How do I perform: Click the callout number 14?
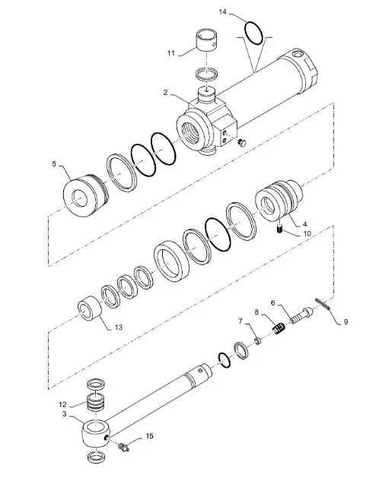[222, 13]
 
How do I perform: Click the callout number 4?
[304, 224]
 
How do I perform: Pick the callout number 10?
[307, 235]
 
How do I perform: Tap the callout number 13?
[116, 328]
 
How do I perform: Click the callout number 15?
[149, 436]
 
